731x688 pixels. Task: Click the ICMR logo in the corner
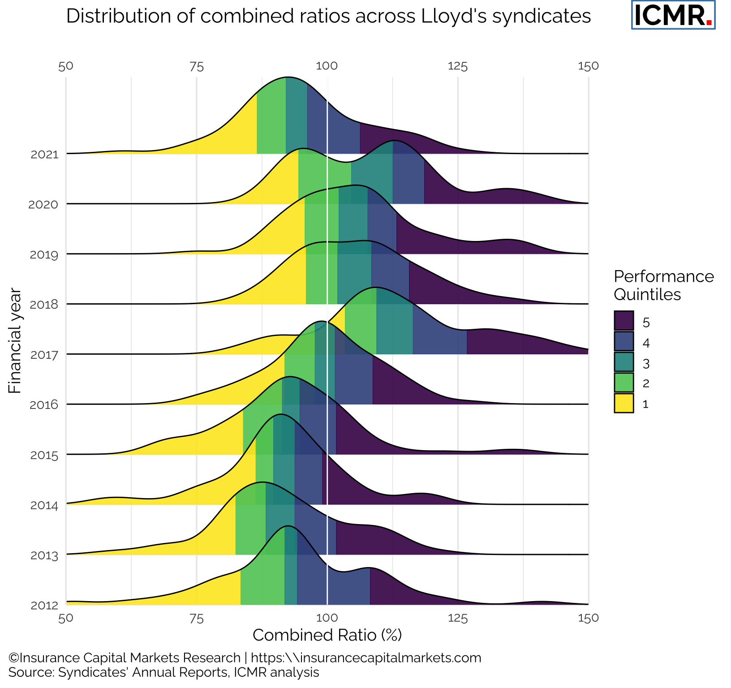pos(673,15)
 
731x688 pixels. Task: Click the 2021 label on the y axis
pos(45,155)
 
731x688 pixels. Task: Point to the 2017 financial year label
pos(45,356)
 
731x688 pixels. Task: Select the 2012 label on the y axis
pos(45,606)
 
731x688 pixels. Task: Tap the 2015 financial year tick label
pos(45,456)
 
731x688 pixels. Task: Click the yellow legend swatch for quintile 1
pos(624,403)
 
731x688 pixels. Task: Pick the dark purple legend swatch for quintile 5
pos(624,321)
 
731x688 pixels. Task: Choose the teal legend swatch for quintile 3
pos(624,362)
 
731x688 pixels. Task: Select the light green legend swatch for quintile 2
pos(624,383)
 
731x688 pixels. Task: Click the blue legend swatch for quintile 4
pos(624,341)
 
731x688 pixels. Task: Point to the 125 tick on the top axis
pos(457,67)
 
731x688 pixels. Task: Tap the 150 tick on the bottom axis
pos(588,618)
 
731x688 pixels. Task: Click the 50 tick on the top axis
pos(66,66)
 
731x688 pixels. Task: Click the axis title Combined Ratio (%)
pos(327,635)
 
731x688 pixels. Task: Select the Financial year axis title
pos(15,341)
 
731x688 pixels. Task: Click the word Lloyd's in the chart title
pos(453,17)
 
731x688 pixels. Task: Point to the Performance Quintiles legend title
pos(663,285)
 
